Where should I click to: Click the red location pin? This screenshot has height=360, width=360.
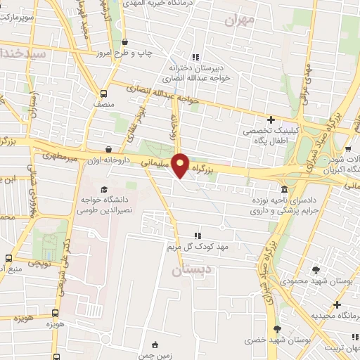point(181,165)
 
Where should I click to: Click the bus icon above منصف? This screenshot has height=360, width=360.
point(105,93)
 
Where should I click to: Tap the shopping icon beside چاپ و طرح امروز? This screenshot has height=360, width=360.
point(124,42)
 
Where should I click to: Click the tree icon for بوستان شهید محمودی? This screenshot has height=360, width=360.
point(315,270)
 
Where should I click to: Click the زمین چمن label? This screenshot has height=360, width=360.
point(165,355)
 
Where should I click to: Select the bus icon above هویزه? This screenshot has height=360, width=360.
point(55,314)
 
